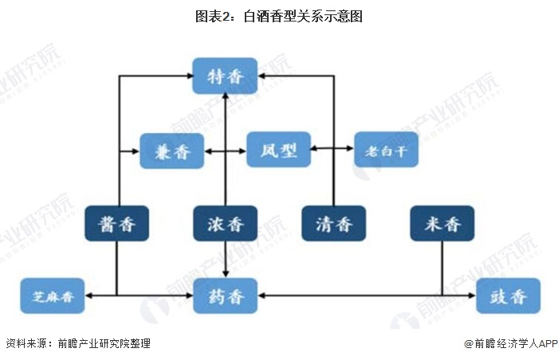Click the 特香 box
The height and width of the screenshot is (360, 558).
[x=225, y=76]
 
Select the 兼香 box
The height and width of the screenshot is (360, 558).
[x=172, y=151]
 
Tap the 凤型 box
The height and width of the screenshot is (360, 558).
[x=279, y=150]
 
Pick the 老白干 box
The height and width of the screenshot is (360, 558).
[x=386, y=150]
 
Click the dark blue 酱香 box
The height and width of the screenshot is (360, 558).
[x=116, y=223]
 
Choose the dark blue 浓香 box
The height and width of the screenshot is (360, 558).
[x=226, y=223]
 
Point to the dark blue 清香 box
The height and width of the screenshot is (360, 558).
[x=334, y=223]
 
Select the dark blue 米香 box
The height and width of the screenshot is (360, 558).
[x=442, y=223]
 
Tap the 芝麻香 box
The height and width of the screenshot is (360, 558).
[x=53, y=296]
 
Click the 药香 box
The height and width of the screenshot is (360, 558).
[x=226, y=296]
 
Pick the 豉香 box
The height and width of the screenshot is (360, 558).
[x=509, y=296]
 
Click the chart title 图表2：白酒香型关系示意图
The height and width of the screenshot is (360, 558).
[x=279, y=17]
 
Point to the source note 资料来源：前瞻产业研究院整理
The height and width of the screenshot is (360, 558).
[x=78, y=343]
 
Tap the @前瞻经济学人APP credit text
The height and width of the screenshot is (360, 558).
[x=511, y=343]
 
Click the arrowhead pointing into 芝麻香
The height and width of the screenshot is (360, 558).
[x=88, y=295]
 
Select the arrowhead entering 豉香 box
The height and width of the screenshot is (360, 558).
[x=473, y=295]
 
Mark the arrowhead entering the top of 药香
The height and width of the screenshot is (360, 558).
[x=226, y=274]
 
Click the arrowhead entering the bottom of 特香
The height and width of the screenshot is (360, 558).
[x=226, y=96]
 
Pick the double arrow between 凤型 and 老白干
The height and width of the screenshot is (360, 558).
[x=332, y=148]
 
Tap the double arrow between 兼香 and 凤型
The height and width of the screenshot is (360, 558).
[x=226, y=151]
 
